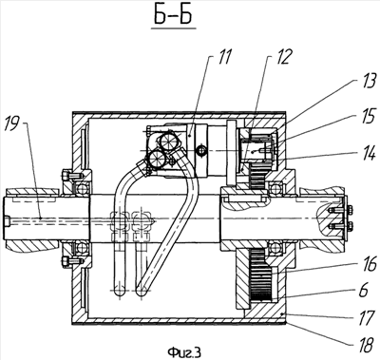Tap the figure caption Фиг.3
(x=184, y=351)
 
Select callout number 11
(x=225, y=57)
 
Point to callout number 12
(x=282, y=57)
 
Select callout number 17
(x=366, y=318)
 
